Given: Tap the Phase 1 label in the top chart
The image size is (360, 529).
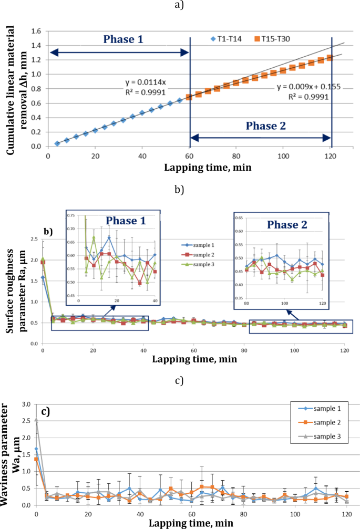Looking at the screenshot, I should (122, 39).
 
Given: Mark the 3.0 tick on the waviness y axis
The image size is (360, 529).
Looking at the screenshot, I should (26, 404).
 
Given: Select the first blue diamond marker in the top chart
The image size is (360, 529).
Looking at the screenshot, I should (57, 143).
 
